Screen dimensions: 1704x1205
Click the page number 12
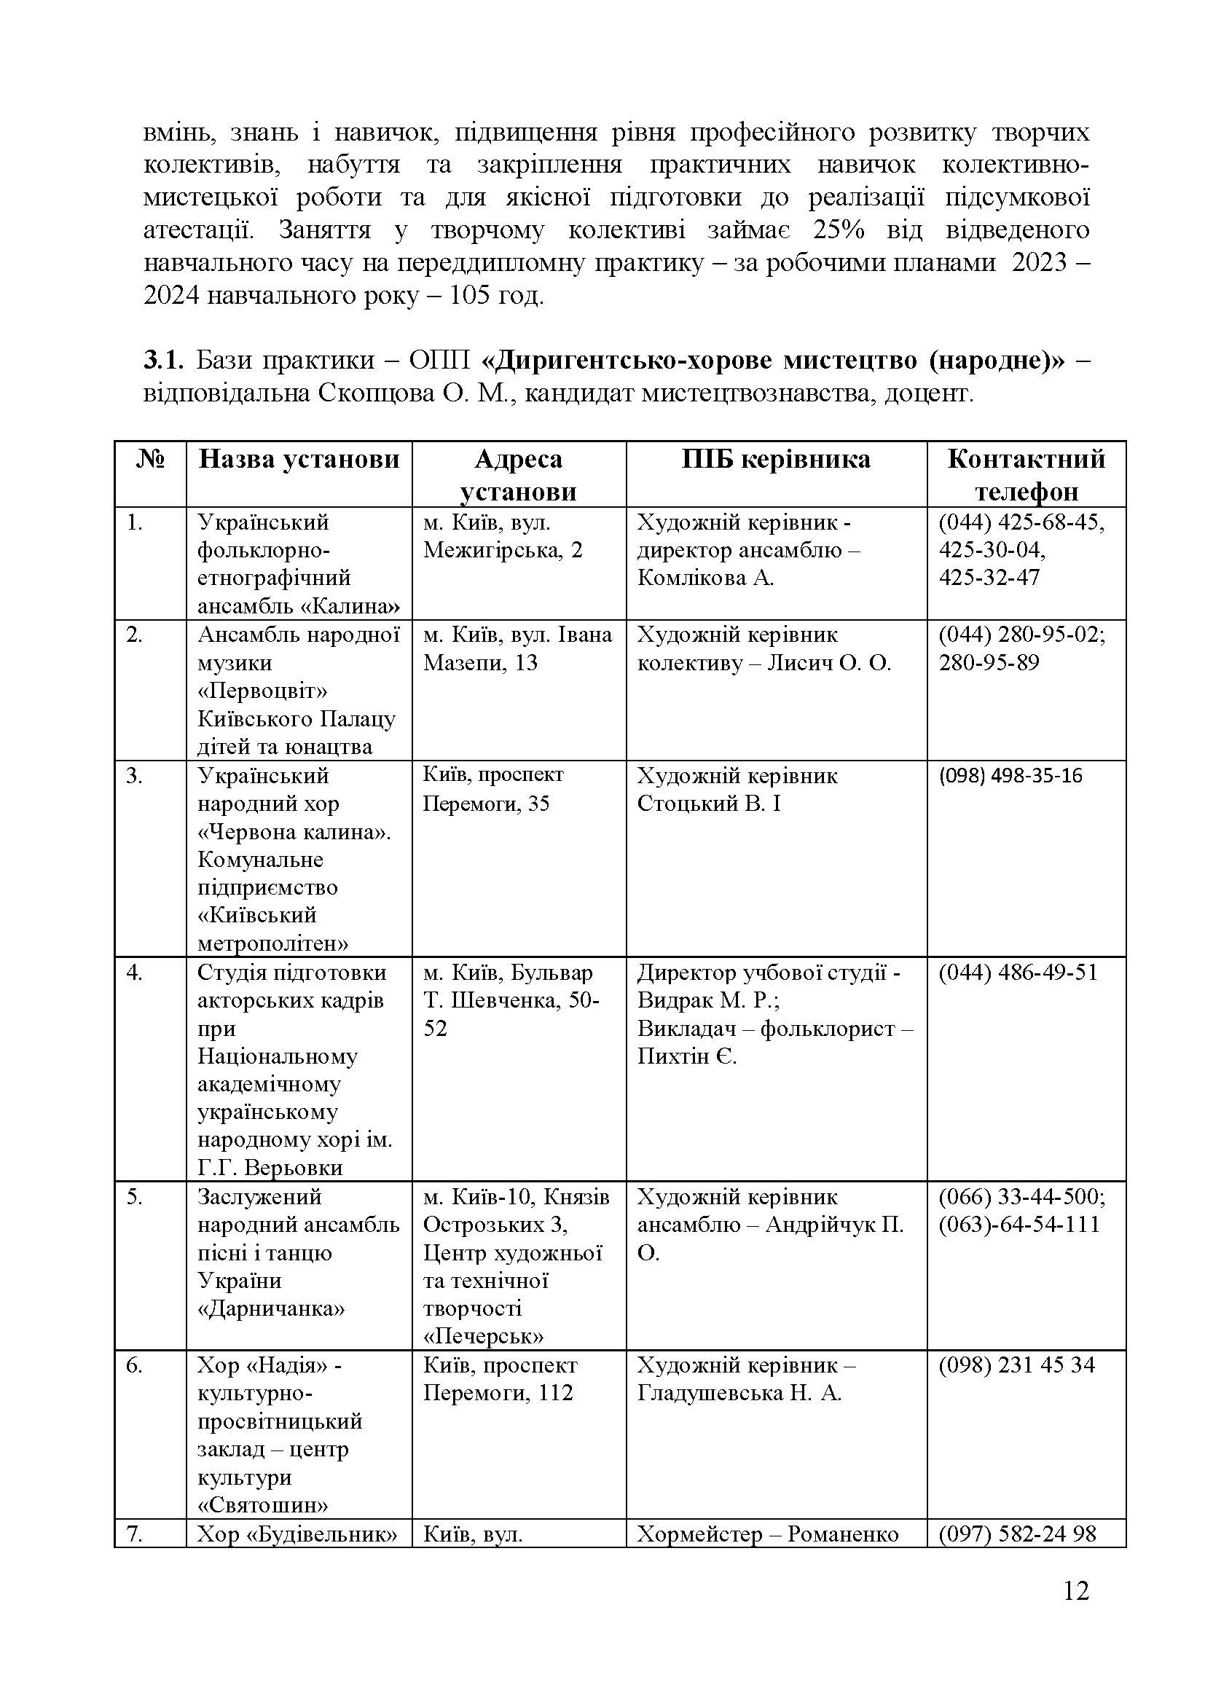coord(1075,1611)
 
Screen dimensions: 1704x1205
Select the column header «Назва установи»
coord(299,460)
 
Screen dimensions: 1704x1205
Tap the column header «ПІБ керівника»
coord(775,460)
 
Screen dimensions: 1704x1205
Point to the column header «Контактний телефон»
coord(1026,475)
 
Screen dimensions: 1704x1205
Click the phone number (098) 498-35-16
coord(1010,776)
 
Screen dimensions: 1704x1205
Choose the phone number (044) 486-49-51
coord(1017,973)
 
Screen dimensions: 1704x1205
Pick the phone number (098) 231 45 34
coord(1016,1365)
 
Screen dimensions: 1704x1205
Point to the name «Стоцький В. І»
coord(709,804)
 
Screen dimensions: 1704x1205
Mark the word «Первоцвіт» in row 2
coord(263,691)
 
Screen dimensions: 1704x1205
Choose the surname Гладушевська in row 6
coord(710,1393)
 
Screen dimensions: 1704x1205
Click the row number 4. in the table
coord(134,973)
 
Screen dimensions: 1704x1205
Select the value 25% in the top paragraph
coord(839,230)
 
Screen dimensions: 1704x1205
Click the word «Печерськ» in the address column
coord(483,1337)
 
